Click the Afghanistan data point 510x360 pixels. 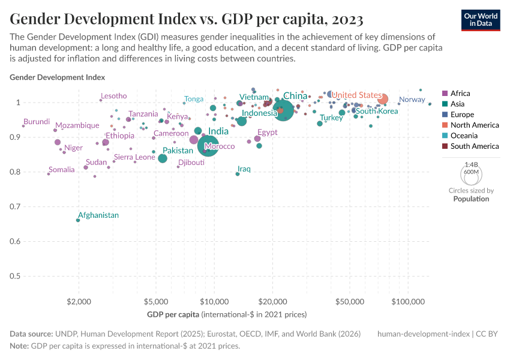tap(78, 220)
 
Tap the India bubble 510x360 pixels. tap(208, 145)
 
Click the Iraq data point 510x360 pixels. tap(238, 174)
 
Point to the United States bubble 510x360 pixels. tap(383, 99)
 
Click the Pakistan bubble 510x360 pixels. tap(163, 158)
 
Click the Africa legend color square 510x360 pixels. tap(444, 94)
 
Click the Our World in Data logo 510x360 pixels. tap(482, 19)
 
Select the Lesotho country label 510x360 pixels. tap(113, 96)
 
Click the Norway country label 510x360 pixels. tap(412, 100)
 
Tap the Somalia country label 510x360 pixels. tap(62, 170)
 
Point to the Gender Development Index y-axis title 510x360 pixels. tap(58, 77)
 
